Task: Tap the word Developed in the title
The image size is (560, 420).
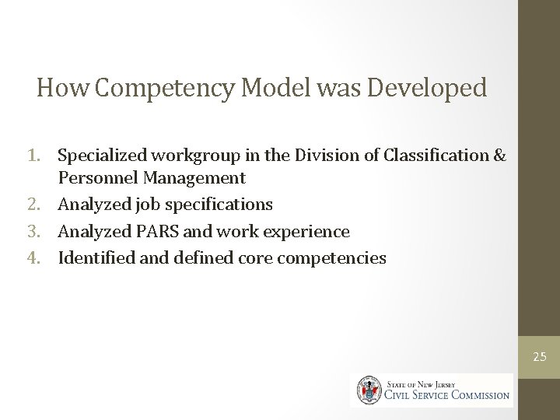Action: click(427, 87)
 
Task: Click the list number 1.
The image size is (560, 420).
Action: click(45, 156)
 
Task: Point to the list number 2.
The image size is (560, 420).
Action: click(45, 205)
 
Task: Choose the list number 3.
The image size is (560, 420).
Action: click(45, 231)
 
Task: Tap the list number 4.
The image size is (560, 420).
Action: click(45, 257)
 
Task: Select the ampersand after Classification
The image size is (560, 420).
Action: click(500, 156)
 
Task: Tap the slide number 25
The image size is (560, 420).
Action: click(540, 357)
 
